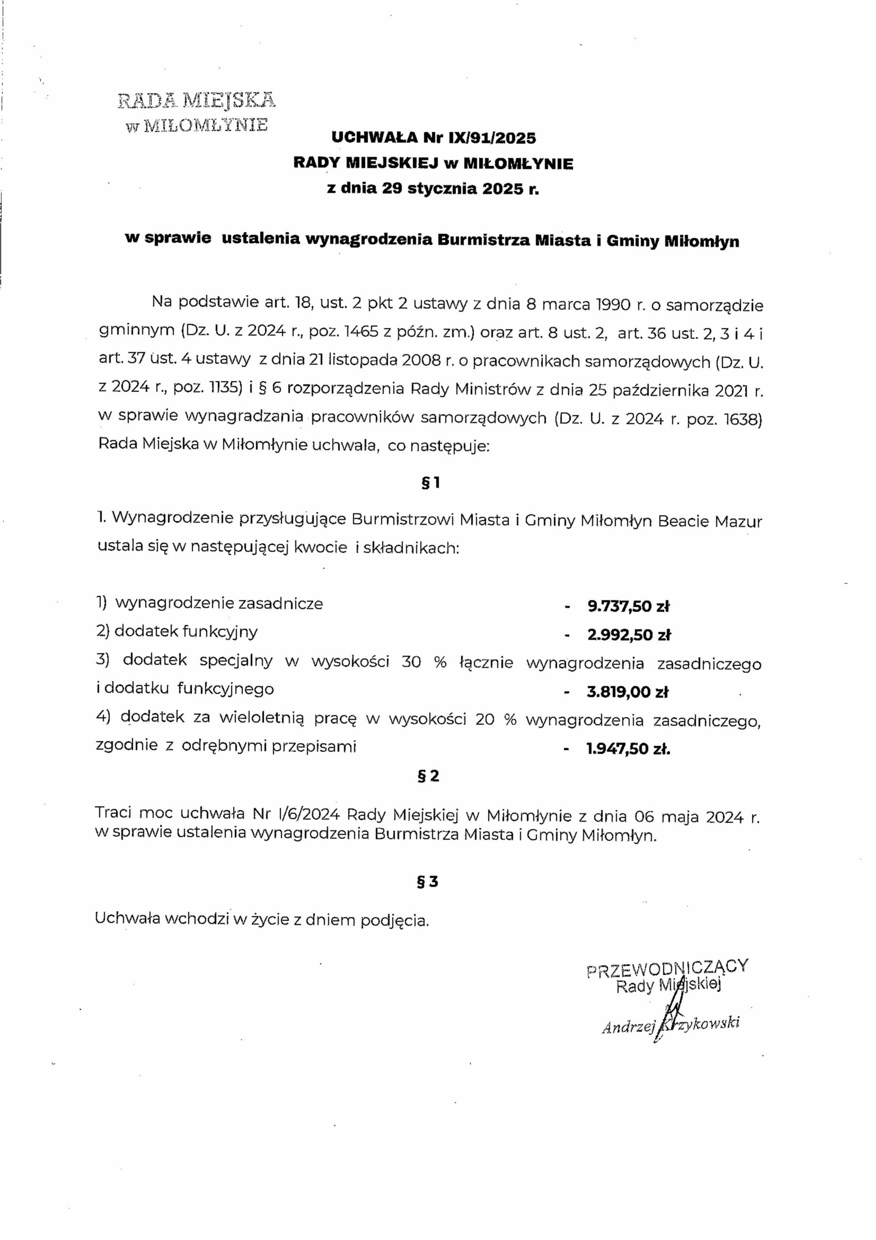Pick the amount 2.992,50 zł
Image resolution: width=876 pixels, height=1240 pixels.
[629, 635]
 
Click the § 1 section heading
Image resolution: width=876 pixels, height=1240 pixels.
[430, 483]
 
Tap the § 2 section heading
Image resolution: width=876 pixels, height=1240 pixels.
[429, 776]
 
